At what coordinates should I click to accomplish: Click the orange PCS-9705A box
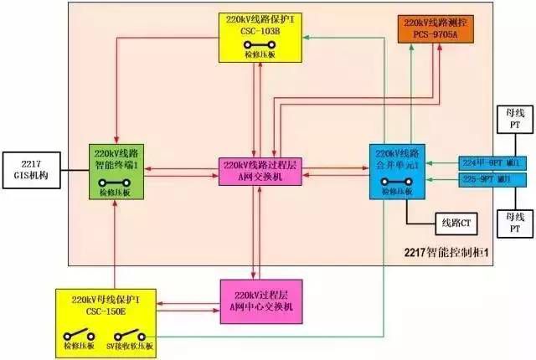[x=439, y=30]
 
